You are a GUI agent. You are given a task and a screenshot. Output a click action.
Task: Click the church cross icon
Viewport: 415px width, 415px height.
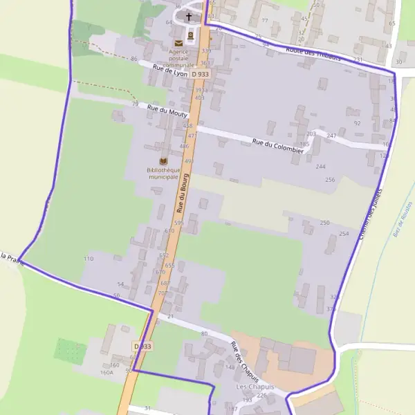point(189,16)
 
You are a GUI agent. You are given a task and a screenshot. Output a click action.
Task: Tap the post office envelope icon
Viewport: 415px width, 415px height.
point(179,44)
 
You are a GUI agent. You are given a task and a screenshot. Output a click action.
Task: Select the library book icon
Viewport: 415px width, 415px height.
point(163,161)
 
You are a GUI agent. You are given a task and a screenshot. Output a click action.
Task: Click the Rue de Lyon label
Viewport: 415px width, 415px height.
point(171,70)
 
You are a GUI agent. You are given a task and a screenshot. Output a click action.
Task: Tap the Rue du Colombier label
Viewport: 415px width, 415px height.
point(278,145)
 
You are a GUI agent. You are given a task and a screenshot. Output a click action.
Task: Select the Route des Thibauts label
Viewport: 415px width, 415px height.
point(313,53)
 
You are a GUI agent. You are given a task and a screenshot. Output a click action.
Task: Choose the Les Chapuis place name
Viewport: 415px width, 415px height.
point(255,387)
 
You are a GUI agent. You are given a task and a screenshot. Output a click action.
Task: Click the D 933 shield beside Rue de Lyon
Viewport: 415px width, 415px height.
point(200,74)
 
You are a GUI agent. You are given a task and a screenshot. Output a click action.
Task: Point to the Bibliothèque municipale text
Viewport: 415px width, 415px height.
point(163,174)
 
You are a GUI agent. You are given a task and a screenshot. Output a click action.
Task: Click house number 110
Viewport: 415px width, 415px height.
point(89,259)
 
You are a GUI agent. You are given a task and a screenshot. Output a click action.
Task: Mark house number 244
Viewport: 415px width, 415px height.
point(320,167)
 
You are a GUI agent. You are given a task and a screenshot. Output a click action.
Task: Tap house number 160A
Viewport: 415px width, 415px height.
point(107,372)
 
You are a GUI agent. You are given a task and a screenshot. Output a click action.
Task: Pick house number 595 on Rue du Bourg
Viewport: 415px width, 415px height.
point(178,223)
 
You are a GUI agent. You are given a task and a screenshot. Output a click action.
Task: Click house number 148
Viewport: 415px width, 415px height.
point(230,367)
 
